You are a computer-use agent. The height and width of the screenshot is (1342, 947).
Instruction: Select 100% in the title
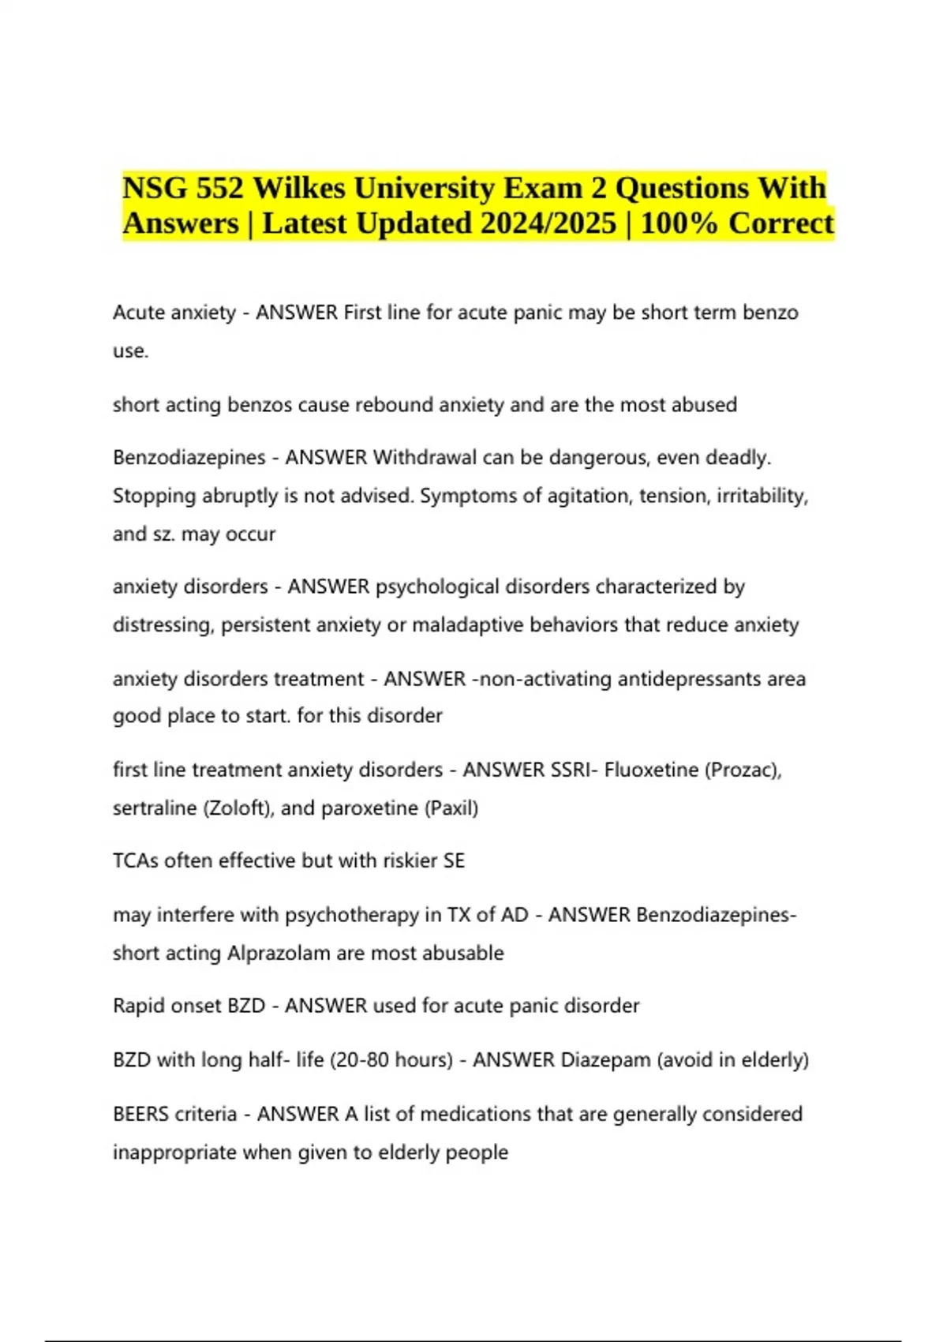pos(679,223)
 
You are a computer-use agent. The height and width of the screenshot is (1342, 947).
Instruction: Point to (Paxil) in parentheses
pos(451,808)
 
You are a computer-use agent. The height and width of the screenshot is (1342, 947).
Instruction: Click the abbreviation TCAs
pos(135,860)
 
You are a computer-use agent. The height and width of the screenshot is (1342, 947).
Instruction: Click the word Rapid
pos(138,1006)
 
